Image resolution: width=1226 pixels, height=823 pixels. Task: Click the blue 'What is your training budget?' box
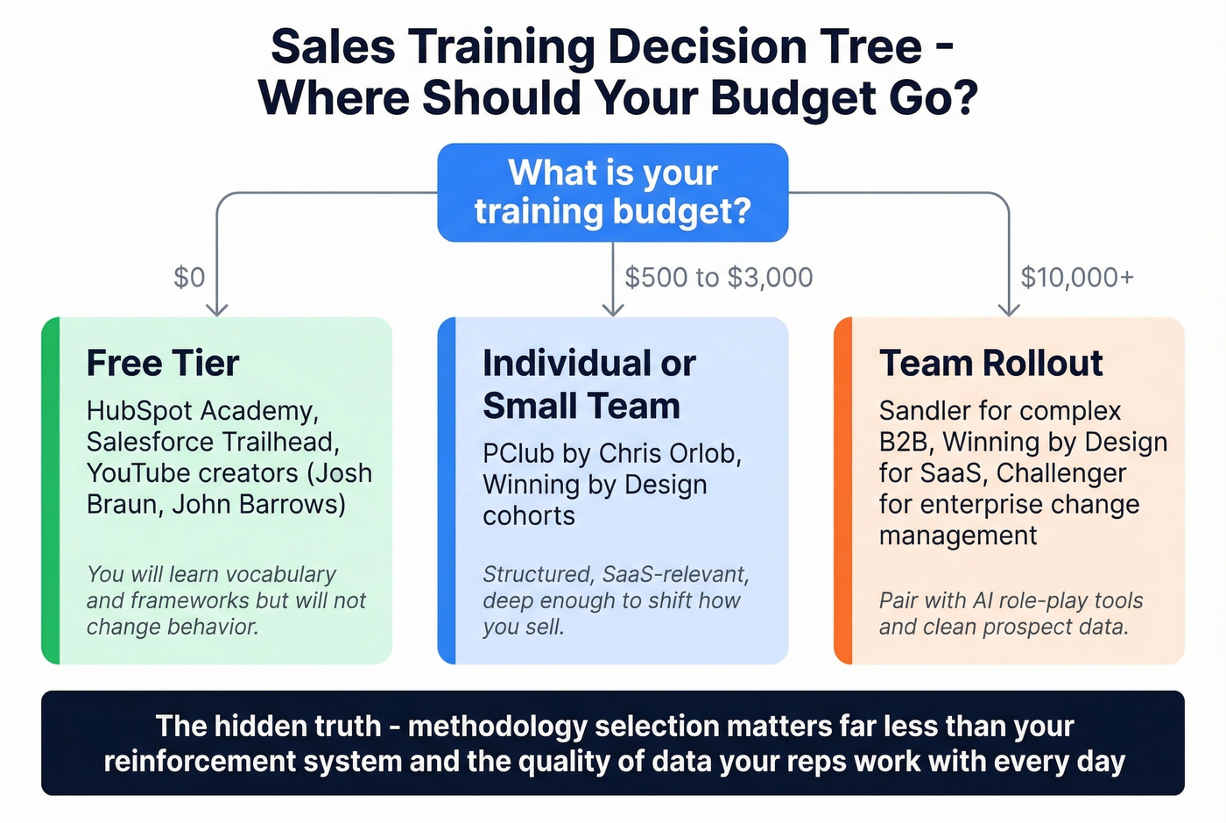613,192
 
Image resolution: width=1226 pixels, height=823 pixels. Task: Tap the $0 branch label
189,277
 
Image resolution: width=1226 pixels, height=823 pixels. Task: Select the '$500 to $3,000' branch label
718,277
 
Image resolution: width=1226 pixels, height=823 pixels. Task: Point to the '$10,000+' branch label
1077,277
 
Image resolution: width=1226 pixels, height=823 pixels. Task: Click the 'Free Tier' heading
163,363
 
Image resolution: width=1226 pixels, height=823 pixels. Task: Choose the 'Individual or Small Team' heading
588,385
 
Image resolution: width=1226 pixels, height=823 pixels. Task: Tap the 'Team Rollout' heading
991,363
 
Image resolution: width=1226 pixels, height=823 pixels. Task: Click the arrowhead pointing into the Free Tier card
216,309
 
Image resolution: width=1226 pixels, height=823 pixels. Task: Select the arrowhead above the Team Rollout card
1009,309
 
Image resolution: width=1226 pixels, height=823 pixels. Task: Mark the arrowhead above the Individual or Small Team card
613,309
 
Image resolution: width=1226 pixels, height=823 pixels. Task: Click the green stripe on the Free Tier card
51,491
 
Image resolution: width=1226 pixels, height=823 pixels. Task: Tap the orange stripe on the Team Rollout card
842,491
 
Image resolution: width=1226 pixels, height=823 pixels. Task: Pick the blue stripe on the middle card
447,491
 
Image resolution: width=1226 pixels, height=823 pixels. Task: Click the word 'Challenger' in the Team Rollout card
1061,473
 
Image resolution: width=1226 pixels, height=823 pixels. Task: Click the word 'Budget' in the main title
794,97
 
